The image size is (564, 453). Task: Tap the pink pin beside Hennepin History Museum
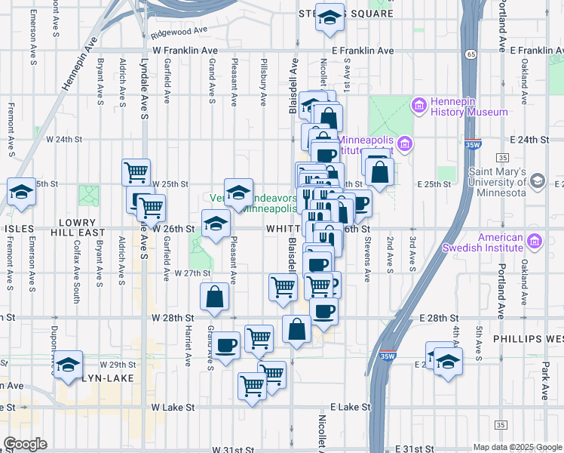(x=419, y=106)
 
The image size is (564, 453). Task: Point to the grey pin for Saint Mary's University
(x=538, y=181)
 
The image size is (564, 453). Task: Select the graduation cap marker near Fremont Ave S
(x=21, y=193)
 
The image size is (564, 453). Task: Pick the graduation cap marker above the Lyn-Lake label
(x=69, y=364)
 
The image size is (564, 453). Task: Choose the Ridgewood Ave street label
(x=179, y=32)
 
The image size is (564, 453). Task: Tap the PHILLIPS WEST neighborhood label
(x=528, y=340)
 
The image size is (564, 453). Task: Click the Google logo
(x=25, y=444)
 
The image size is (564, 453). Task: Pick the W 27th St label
(x=191, y=273)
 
